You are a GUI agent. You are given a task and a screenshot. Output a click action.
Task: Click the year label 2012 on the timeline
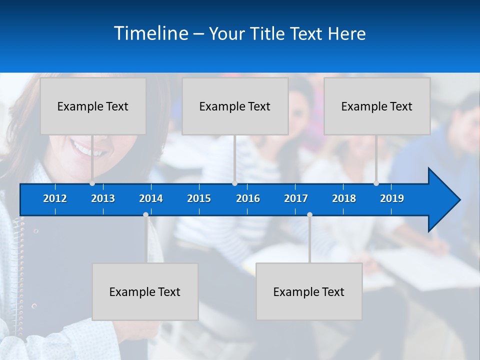click(x=55, y=198)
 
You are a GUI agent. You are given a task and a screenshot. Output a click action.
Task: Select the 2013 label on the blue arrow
click(x=103, y=198)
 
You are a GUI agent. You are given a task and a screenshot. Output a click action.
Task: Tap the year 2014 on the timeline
click(x=151, y=198)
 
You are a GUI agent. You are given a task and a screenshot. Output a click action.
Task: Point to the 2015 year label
click(x=199, y=198)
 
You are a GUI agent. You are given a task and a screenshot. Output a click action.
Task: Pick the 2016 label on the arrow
click(x=248, y=198)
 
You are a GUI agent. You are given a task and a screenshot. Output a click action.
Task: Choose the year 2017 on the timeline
click(x=296, y=198)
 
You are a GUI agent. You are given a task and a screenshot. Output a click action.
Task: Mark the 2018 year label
click(x=344, y=198)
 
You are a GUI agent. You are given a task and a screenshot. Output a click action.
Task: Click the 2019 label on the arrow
click(x=392, y=198)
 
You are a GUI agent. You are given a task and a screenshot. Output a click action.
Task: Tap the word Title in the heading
click(x=269, y=34)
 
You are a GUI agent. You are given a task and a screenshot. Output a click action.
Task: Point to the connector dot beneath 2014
click(x=145, y=214)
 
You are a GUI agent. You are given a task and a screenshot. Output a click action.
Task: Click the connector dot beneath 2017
click(x=309, y=214)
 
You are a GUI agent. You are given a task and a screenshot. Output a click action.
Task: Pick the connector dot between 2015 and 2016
click(x=234, y=183)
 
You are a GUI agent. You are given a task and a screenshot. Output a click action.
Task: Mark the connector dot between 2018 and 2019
click(x=376, y=183)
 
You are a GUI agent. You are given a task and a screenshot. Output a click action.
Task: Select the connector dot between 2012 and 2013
click(x=92, y=183)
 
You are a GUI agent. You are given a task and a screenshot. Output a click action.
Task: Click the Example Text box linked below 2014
click(x=145, y=291)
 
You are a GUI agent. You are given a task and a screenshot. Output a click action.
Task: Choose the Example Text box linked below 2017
click(x=309, y=291)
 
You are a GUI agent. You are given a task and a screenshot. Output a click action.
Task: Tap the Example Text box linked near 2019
click(x=377, y=106)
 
